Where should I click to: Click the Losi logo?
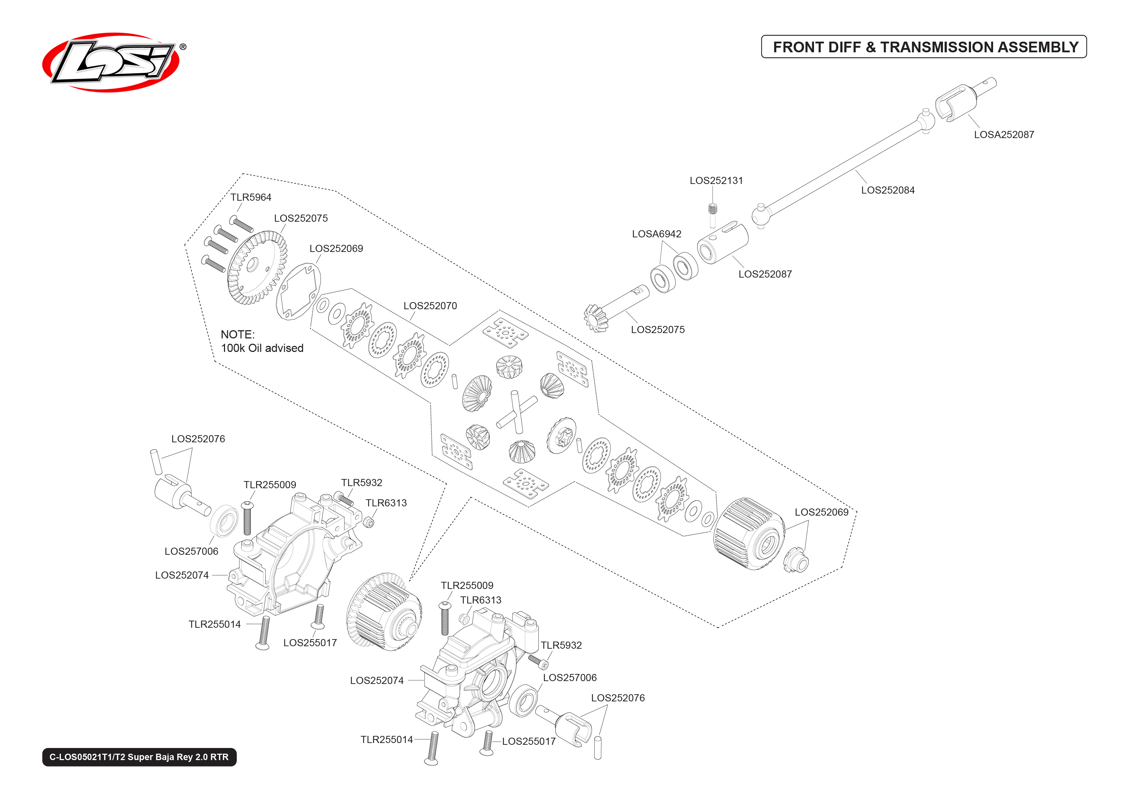pyautogui.click(x=111, y=62)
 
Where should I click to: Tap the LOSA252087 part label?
pyautogui.click(x=1003, y=135)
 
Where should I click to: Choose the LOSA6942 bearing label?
pyautogui.click(x=656, y=234)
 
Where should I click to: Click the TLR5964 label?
pyautogui.click(x=251, y=197)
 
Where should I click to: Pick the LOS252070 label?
pyautogui.click(x=430, y=306)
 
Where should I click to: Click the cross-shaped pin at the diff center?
pyautogui.click(x=516, y=411)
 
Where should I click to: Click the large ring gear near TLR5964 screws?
pyautogui.click(x=257, y=266)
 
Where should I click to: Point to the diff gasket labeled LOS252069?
pyautogui.click(x=298, y=291)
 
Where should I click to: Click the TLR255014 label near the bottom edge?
pyautogui.click(x=386, y=739)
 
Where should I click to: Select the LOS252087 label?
pyautogui.click(x=765, y=274)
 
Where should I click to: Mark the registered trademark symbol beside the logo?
pyautogui.click(x=183, y=47)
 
